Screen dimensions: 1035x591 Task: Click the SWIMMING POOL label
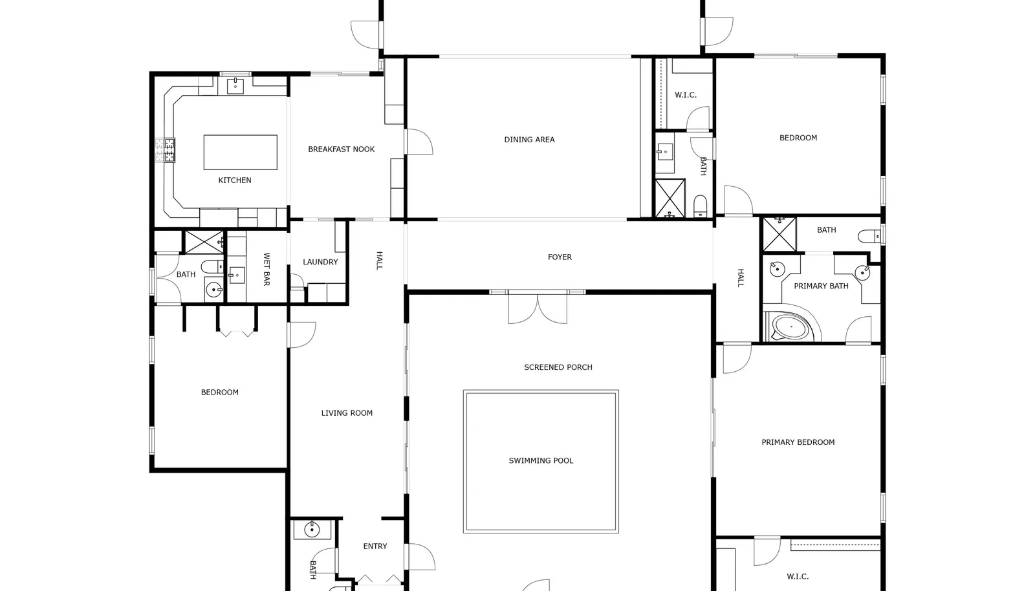pos(541,460)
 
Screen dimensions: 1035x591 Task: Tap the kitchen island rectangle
pos(240,153)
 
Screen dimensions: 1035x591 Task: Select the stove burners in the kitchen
pos(166,150)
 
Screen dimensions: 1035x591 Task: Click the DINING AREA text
pos(529,140)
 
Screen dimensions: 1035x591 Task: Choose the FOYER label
pos(560,257)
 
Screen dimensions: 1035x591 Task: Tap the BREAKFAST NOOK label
pos(341,149)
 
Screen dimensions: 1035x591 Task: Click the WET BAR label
pos(266,269)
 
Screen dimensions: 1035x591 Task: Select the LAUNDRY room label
pos(320,262)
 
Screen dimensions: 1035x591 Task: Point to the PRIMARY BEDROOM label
pos(798,442)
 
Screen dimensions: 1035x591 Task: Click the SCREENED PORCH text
pos(558,367)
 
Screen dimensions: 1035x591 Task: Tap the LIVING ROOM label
pos(347,413)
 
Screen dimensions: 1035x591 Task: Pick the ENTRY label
pos(375,546)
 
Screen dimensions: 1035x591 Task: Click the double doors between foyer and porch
pos(538,307)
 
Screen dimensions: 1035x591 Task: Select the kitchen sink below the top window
pos(235,86)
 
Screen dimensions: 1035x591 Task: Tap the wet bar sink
pos(237,275)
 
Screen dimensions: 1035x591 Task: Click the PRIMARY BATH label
pos(821,286)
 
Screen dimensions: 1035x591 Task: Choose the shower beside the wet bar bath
pos(204,242)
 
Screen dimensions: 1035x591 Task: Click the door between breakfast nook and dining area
pos(419,142)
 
